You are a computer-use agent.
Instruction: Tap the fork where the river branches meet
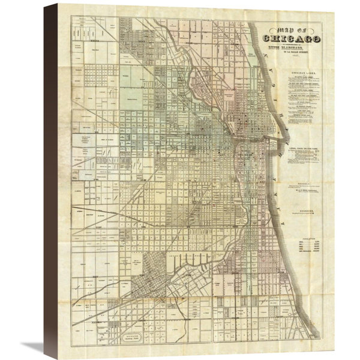click(230, 133)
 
